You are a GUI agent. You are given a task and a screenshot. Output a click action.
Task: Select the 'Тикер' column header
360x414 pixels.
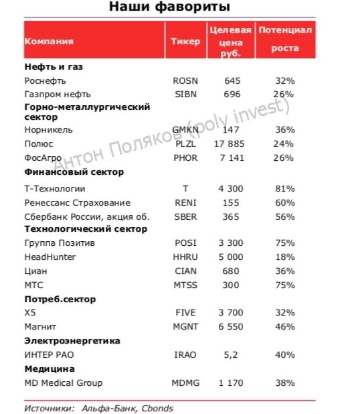[x=185, y=42]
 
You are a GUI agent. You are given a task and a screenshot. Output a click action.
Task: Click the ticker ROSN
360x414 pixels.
[x=185, y=80]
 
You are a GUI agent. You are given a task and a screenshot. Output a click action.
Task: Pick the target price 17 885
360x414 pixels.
[x=230, y=144]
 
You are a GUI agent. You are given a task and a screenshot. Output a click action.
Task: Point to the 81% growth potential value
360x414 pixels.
[x=284, y=189]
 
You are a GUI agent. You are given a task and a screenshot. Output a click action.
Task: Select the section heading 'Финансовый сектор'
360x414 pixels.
[x=74, y=173]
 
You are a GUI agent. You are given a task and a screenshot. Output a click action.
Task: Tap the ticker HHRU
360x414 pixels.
[x=185, y=257]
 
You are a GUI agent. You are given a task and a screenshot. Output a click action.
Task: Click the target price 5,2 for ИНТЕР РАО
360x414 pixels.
[x=231, y=354]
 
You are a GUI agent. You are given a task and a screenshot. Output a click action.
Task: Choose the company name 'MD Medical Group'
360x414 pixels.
[x=63, y=383]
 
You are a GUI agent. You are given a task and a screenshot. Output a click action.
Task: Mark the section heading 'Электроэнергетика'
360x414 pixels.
[x=72, y=340]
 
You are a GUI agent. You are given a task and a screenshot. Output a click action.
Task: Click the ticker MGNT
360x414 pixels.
[x=185, y=326]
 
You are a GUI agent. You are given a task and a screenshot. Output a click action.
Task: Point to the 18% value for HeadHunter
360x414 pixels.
[x=284, y=257]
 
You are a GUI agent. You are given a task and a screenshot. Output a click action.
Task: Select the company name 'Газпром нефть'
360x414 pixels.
[x=57, y=94]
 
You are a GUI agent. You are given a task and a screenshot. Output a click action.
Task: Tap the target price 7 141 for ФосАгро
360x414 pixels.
[x=230, y=158]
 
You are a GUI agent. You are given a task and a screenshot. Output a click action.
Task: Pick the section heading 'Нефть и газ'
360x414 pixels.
[x=54, y=67]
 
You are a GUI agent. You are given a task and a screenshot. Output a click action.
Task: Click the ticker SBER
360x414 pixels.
[x=185, y=216]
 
